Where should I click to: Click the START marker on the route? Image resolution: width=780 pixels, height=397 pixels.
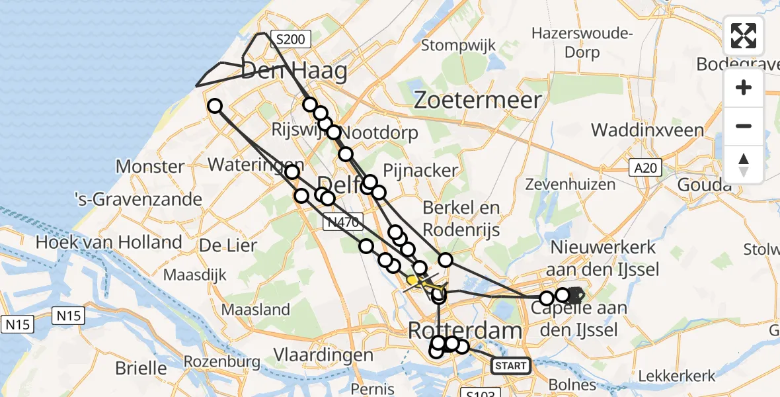pyautogui.click(x=511, y=365)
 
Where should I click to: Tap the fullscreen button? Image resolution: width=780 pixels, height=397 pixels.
pyautogui.click(x=744, y=36)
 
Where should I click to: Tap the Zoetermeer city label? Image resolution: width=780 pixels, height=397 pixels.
pyautogui.click(x=478, y=101)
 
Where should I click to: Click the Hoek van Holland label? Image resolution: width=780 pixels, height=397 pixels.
pyautogui.click(x=109, y=242)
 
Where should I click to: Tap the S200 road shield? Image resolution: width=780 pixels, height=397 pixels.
pyautogui.click(x=290, y=40)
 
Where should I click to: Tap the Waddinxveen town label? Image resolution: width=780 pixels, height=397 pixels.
pyautogui.click(x=648, y=130)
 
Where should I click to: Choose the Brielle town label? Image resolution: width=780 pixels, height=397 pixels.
pyautogui.click(x=141, y=367)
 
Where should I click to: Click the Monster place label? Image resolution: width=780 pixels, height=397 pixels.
pyautogui.click(x=150, y=166)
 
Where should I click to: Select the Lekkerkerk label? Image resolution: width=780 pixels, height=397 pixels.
pyautogui.click(x=677, y=376)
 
